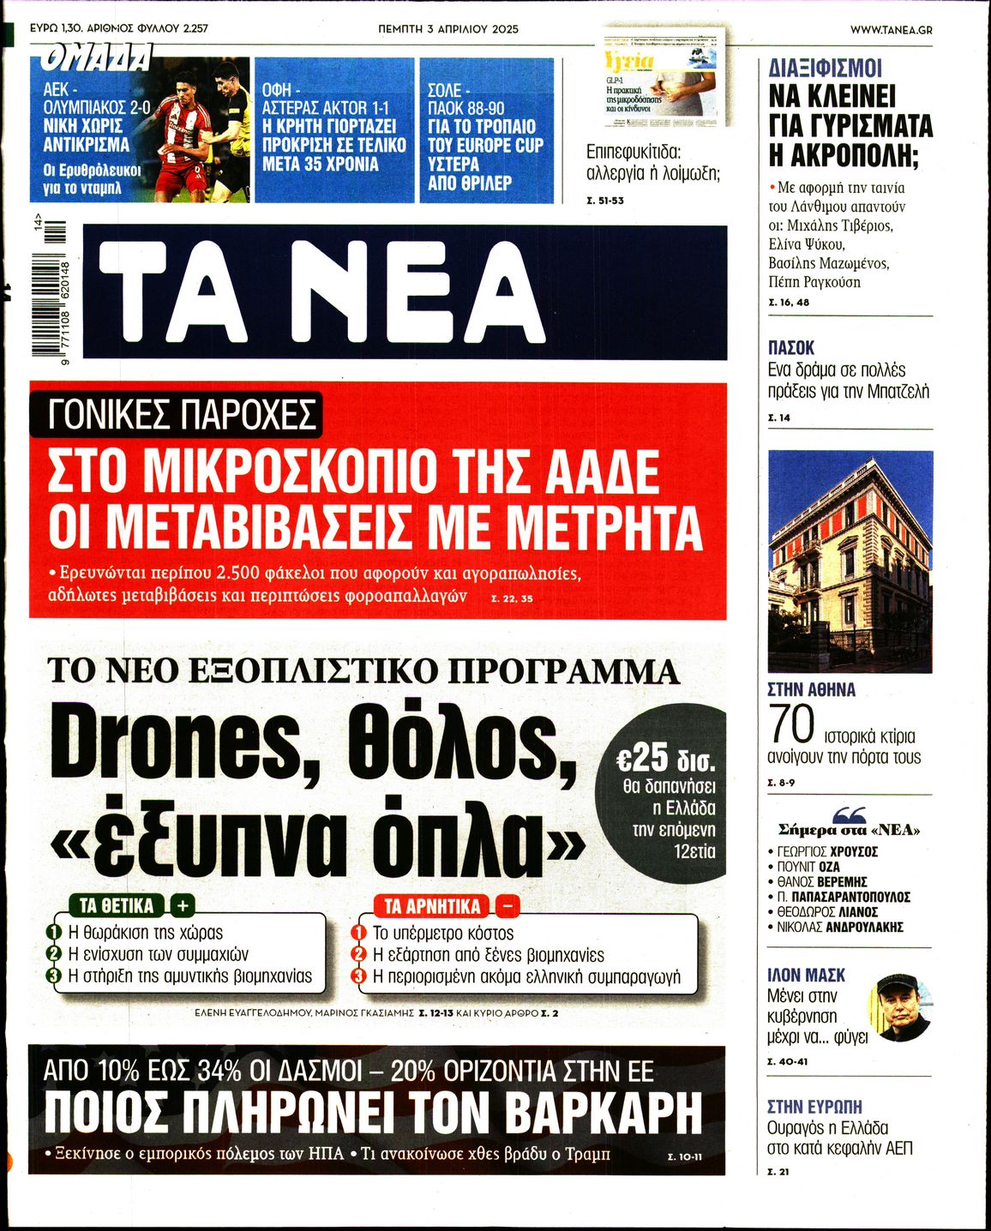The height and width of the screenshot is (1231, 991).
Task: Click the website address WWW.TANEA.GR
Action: point(891,29)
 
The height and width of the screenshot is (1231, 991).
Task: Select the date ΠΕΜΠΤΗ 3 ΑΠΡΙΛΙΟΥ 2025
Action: point(448,29)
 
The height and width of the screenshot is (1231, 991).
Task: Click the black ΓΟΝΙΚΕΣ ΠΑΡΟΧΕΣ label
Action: point(175,414)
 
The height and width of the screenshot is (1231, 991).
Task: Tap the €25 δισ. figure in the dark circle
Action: point(666,759)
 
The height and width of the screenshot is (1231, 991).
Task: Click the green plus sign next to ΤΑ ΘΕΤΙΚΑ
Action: point(183,905)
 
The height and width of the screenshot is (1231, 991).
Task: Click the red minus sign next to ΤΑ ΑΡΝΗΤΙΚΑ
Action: point(507,905)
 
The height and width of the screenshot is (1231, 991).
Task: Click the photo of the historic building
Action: point(850,561)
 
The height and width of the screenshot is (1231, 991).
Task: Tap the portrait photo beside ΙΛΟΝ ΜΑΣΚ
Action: point(899,1008)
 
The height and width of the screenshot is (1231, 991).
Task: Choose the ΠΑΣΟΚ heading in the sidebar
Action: point(791,348)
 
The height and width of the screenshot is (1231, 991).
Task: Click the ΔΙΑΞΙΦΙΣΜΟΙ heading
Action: point(826,69)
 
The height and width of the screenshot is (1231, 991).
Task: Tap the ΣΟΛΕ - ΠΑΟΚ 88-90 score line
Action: point(468,99)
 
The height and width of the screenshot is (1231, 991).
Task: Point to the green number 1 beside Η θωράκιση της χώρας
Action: point(54,933)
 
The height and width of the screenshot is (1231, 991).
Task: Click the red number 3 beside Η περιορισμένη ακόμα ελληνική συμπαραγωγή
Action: point(360,976)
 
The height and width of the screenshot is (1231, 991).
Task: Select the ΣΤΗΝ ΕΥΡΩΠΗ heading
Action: point(814,1106)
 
